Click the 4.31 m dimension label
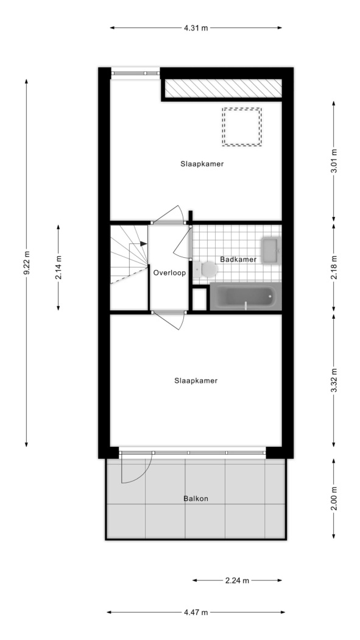196,28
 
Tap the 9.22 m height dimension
27,263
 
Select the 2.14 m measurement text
58,268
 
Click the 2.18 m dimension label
334,268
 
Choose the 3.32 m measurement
334,380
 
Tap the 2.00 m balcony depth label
334,499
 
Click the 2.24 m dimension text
237,580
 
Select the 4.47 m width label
196,612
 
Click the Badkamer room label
238,259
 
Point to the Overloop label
169,273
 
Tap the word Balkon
196,499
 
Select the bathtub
245,297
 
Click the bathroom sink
270,250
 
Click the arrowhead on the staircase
144,244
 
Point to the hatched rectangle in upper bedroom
224,88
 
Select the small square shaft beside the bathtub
199,300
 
